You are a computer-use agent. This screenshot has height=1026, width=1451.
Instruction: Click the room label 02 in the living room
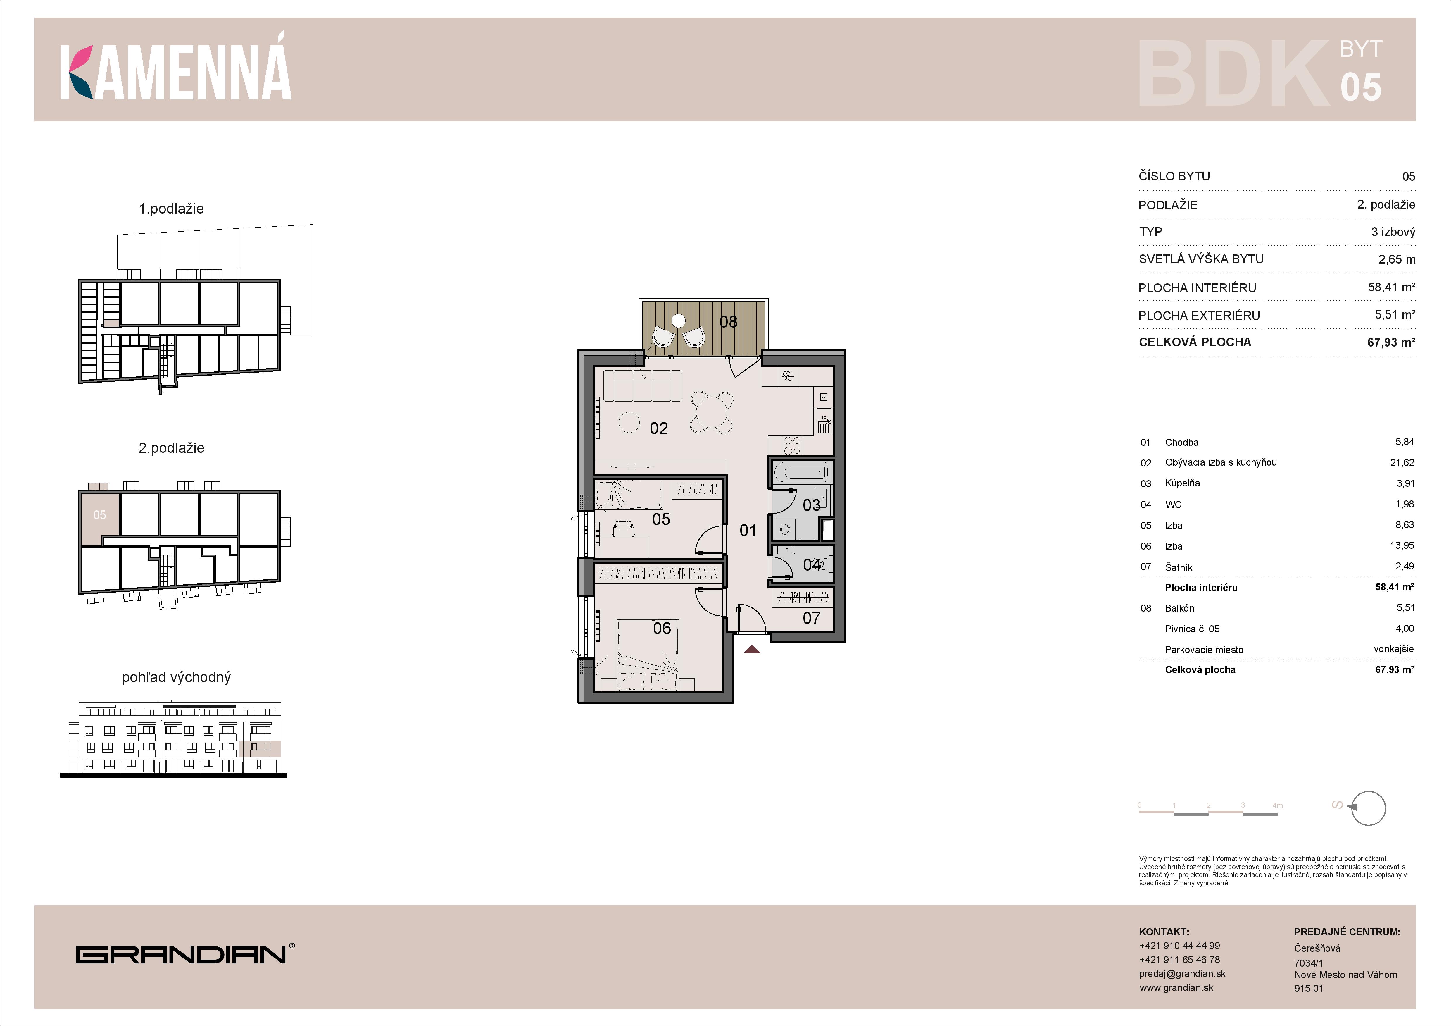tap(658, 428)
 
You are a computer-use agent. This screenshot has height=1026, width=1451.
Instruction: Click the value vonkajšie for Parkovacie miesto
tap(1393, 649)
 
